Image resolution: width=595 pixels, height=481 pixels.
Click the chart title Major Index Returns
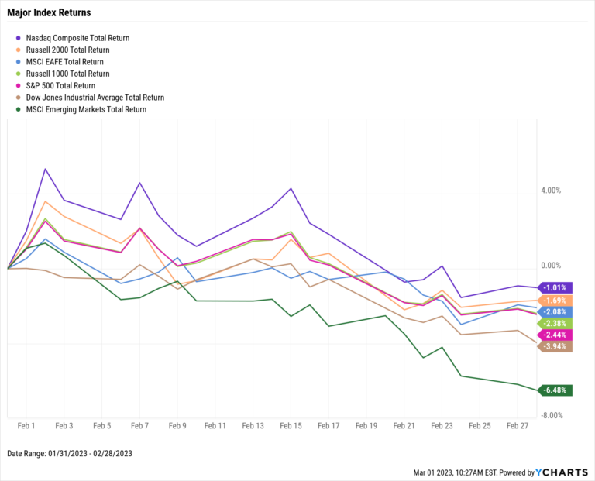coord(49,12)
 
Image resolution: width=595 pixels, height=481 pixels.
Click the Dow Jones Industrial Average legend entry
coord(95,98)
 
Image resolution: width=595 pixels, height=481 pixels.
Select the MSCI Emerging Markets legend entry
coord(86,109)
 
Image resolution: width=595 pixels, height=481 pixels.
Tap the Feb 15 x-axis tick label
coord(291,426)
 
